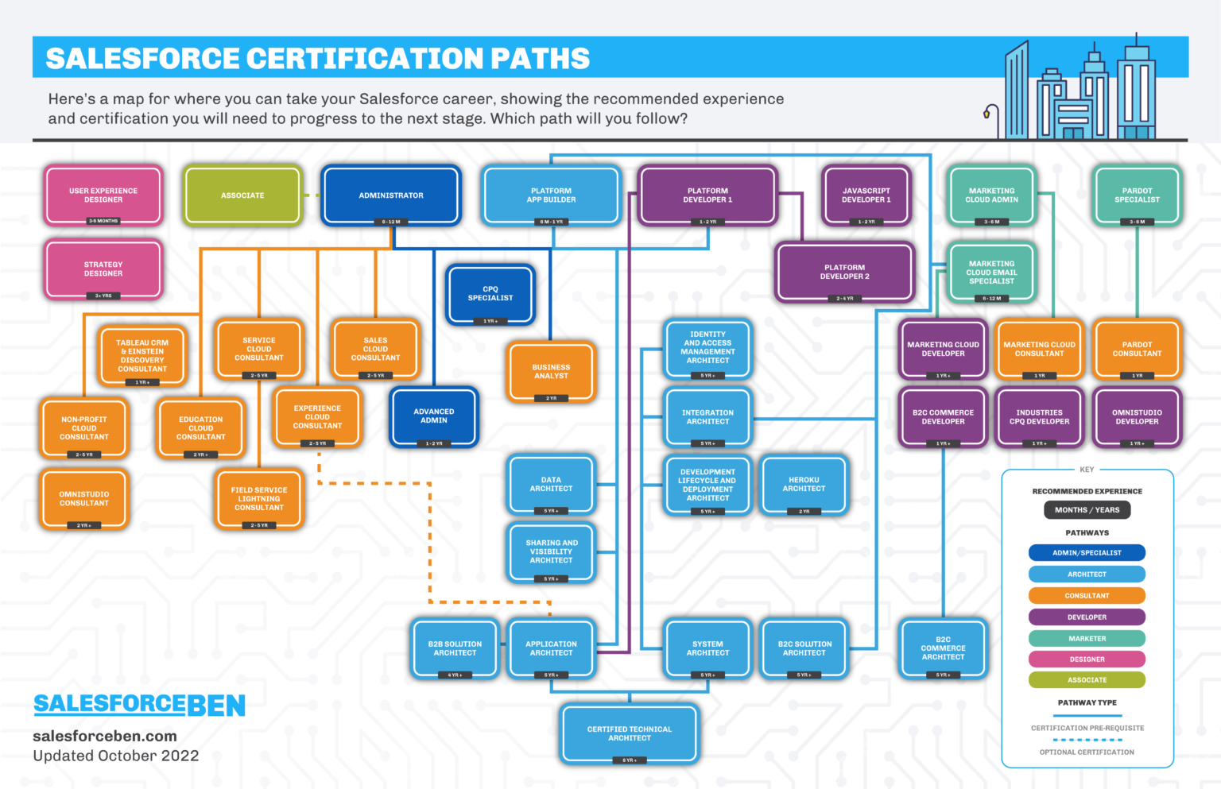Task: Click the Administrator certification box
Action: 390,195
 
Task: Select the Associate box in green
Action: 242,195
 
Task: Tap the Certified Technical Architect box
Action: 629,733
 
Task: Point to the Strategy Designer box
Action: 103,269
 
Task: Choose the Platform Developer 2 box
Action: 844,273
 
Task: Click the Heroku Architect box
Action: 804,485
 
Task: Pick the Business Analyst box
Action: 551,372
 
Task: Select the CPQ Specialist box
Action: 490,294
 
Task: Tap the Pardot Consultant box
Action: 1137,350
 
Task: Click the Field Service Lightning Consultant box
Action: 259,499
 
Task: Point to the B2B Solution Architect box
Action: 455,648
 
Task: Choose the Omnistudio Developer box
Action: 1137,417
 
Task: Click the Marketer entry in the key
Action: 1087,638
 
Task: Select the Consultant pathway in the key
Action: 1087,595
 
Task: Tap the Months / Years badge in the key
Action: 1087,510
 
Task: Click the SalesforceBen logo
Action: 139,705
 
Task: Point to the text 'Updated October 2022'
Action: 116,756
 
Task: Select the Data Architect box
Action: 551,485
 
